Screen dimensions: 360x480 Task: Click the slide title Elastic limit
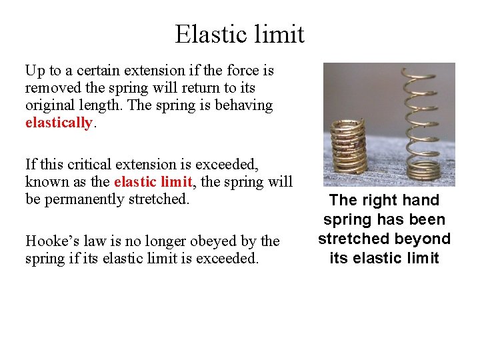click(x=239, y=34)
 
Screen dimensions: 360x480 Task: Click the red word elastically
click(x=58, y=123)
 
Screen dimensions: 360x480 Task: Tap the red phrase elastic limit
click(x=151, y=181)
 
